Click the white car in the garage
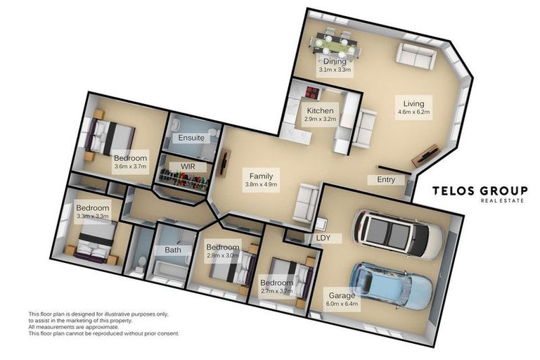click(398, 233)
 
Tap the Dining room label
click(335, 62)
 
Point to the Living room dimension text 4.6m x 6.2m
click(413, 111)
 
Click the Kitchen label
click(320, 111)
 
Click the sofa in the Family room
click(307, 202)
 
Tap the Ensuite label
click(191, 138)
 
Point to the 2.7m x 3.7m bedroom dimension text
click(276, 292)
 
